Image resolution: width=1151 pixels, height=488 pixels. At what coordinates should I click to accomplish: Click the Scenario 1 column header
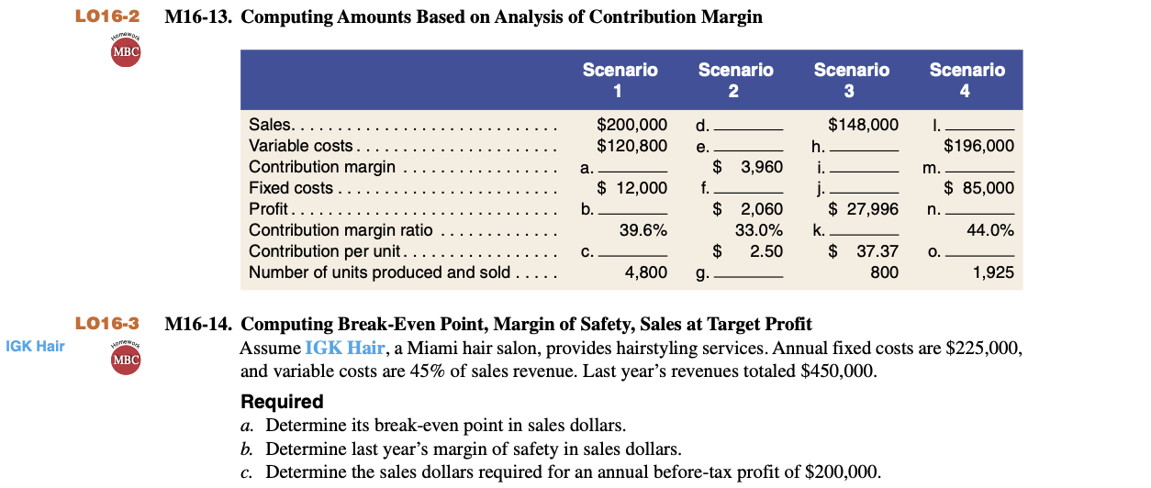point(620,80)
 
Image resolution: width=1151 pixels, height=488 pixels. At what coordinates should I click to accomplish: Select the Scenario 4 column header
point(967,80)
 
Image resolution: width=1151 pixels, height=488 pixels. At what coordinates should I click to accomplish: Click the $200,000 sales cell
point(631,125)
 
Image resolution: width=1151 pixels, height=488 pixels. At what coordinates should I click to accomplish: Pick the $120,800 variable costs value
point(631,145)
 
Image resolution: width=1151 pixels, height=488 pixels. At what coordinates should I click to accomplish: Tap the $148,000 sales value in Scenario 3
point(863,125)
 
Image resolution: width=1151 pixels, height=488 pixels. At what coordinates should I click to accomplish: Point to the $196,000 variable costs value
point(978,145)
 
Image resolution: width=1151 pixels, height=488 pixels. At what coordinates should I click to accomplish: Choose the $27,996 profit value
point(863,209)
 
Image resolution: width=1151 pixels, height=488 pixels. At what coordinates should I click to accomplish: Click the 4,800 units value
point(645,272)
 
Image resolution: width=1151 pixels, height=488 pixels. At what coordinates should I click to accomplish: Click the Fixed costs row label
point(291,188)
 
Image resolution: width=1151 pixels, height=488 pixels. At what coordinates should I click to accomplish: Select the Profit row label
point(268,209)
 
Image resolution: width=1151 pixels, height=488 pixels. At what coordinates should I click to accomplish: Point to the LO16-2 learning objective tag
point(107,17)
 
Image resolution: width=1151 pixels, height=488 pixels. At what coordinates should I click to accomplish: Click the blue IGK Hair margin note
point(35,346)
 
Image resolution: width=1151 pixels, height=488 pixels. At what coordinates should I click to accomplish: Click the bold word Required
point(282,402)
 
